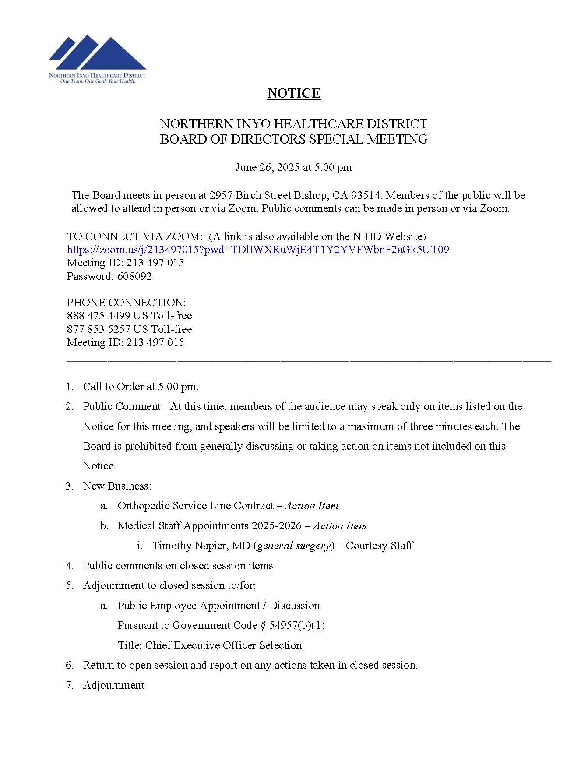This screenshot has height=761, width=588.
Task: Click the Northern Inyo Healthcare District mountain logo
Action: (97, 55)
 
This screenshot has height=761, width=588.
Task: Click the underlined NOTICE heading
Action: (294, 93)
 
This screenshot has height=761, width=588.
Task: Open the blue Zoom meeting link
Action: (257, 250)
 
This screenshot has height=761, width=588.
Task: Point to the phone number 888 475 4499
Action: (99, 316)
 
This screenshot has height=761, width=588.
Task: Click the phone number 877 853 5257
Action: (99, 329)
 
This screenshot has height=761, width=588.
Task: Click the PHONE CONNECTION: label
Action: (126, 303)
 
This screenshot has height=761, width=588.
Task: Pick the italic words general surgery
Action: (293, 546)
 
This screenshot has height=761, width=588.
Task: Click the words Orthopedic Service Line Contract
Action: (195, 506)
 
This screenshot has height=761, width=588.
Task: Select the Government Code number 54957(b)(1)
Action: (297, 625)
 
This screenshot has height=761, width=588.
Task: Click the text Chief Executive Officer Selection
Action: (223, 645)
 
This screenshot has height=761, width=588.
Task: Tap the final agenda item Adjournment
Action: (113, 685)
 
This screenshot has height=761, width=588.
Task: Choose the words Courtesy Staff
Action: (379, 546)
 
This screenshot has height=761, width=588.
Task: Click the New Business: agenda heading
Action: (117, 486)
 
